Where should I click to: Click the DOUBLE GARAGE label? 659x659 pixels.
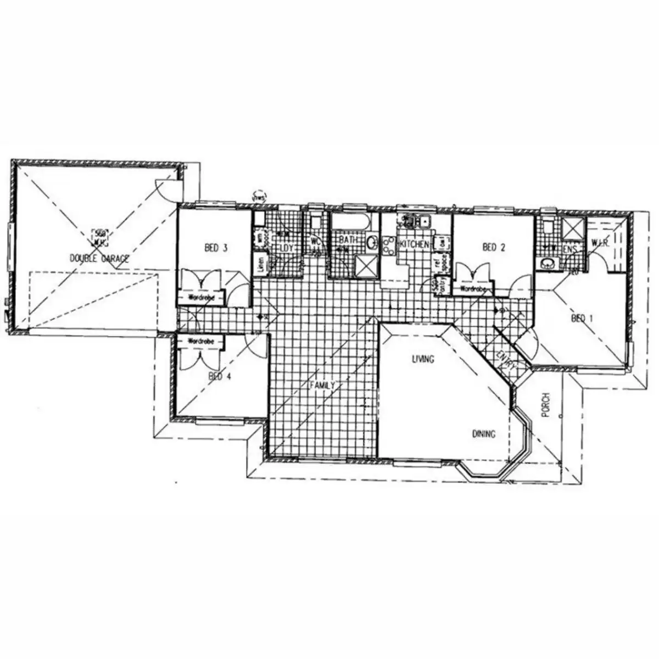(99, 258)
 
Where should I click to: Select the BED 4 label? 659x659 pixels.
(216, 377)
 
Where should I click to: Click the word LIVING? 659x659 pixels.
(423, 360)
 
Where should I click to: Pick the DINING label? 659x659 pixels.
(484, 434)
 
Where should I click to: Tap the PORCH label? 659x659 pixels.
(545, 405)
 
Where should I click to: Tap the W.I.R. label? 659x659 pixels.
(600, 243)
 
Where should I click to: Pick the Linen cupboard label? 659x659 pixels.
(260, 263)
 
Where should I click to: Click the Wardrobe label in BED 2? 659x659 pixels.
(471, 288)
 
